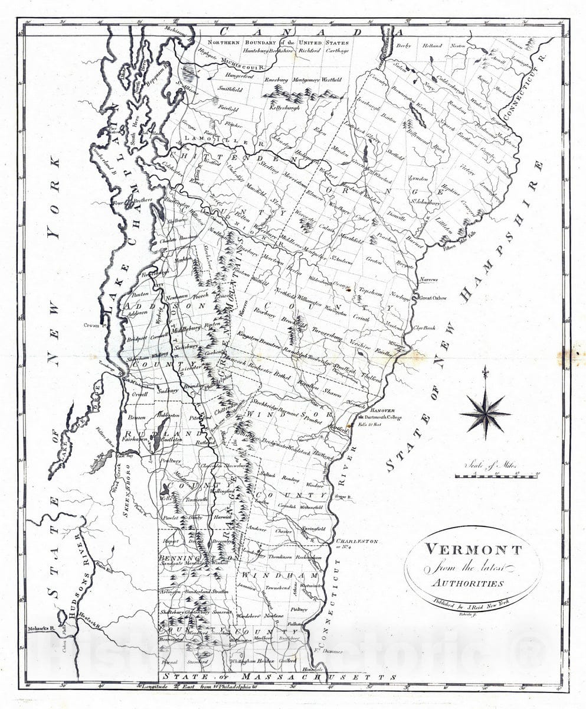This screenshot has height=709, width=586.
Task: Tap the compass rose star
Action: click(x=485, y=412)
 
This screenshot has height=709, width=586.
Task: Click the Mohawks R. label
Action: click(x=40, y=630)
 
